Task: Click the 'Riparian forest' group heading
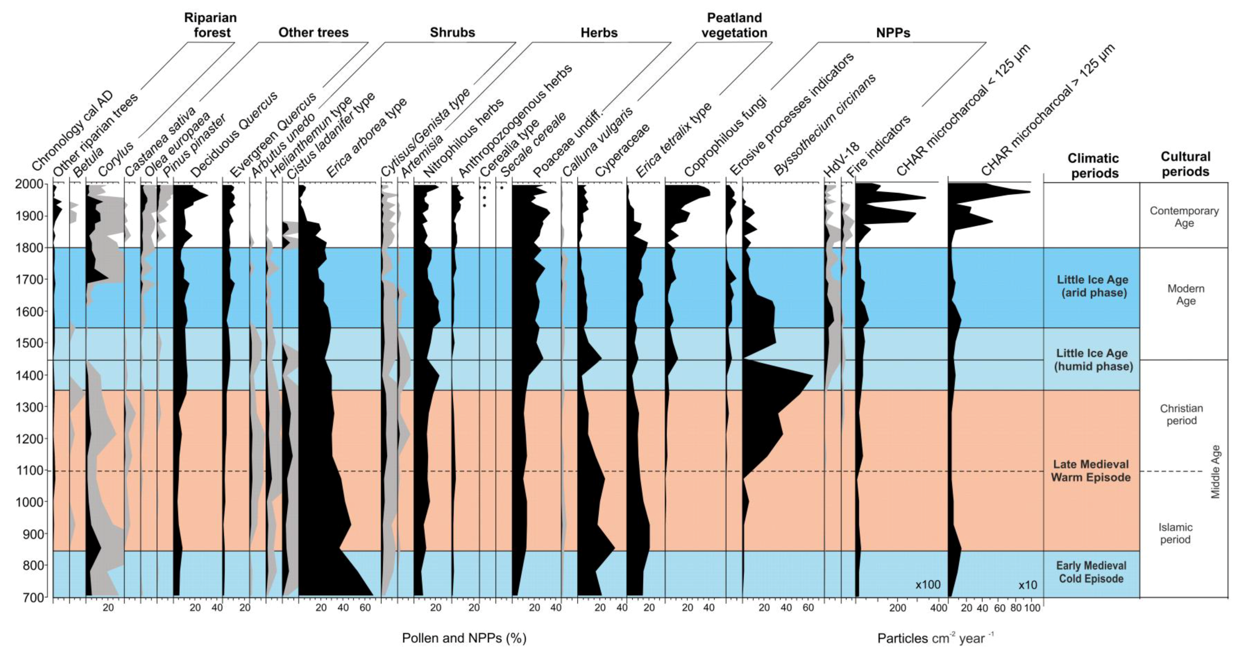click(211, 25)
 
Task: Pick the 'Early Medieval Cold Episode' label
click(1091, 572)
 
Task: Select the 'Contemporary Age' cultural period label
click(1184, 217)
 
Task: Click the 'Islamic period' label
click(1175, 533)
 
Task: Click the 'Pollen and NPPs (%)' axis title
click(464, 638)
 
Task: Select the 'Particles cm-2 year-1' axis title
click(935, 638)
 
